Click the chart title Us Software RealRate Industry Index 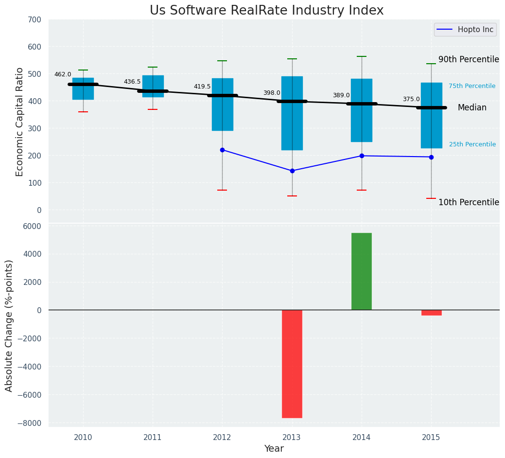pyautogui.click(x=266, y=11)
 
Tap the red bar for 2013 pyautogui.click(x=292, y=364)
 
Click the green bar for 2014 pyautogui.click(x=362, y=271)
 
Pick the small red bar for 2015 pyautogui.click(x=431, y=313)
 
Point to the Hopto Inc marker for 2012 pyautogui.click(x=222, y=150)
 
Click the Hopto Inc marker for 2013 pyautogui.click(x=292, y=171)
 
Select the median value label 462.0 pyautogui.click(x=63, y=74)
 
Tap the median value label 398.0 pyautogui.click(x=272, y=93)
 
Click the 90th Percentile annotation pyautogui.click(x=469, y=59)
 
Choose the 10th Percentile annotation pyautogui.click(x=469, y=202)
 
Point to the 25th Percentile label pyautogui.click(x=472, y=144)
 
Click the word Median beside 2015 pyautogui.click(x=472, y=108)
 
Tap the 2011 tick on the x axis pyautogui.click(x=153, y=438)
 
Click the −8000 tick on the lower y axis pyautogui.click(x=29, y=423)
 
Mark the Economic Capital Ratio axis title pyautogui.click(x=19, y=122)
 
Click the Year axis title pyautogui.click(x=274, y=449)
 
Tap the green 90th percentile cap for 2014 pyautogui.click(x=362, y=56)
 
